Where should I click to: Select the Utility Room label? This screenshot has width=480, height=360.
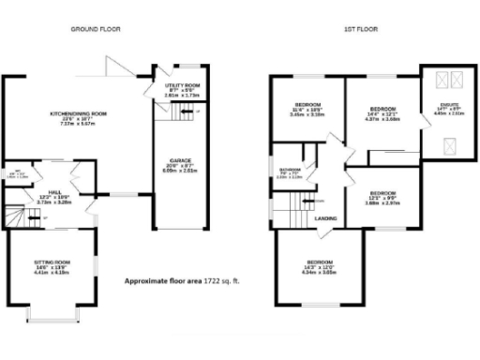[x=176, y=89]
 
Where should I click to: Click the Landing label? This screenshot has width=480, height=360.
[x=326, y=218]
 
